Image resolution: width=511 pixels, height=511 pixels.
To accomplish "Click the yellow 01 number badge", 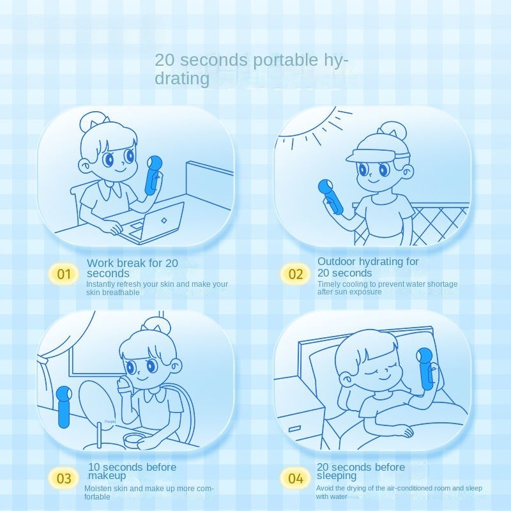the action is [64, 274].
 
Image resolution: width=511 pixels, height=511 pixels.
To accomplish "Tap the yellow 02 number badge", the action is [295, 274].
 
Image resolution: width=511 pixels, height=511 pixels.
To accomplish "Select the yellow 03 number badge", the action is [64, 478].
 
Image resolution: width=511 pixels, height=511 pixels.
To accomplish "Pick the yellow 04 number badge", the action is [295, 478].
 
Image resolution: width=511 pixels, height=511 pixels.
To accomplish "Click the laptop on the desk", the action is [153, 223].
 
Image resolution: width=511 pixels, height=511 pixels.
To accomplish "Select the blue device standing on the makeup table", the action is [65, 408].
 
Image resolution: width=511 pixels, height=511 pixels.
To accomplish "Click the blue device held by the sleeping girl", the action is [425, 369].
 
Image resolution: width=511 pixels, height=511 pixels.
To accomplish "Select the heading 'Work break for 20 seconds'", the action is [132, 268].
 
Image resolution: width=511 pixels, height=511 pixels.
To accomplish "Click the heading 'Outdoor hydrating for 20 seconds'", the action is [368, 267].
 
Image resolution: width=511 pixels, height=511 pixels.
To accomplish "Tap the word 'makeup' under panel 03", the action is [107, 475].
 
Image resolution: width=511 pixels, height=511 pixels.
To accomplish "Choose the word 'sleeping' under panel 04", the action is [337, 476].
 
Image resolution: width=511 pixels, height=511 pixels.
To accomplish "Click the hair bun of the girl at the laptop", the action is [93, 121].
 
